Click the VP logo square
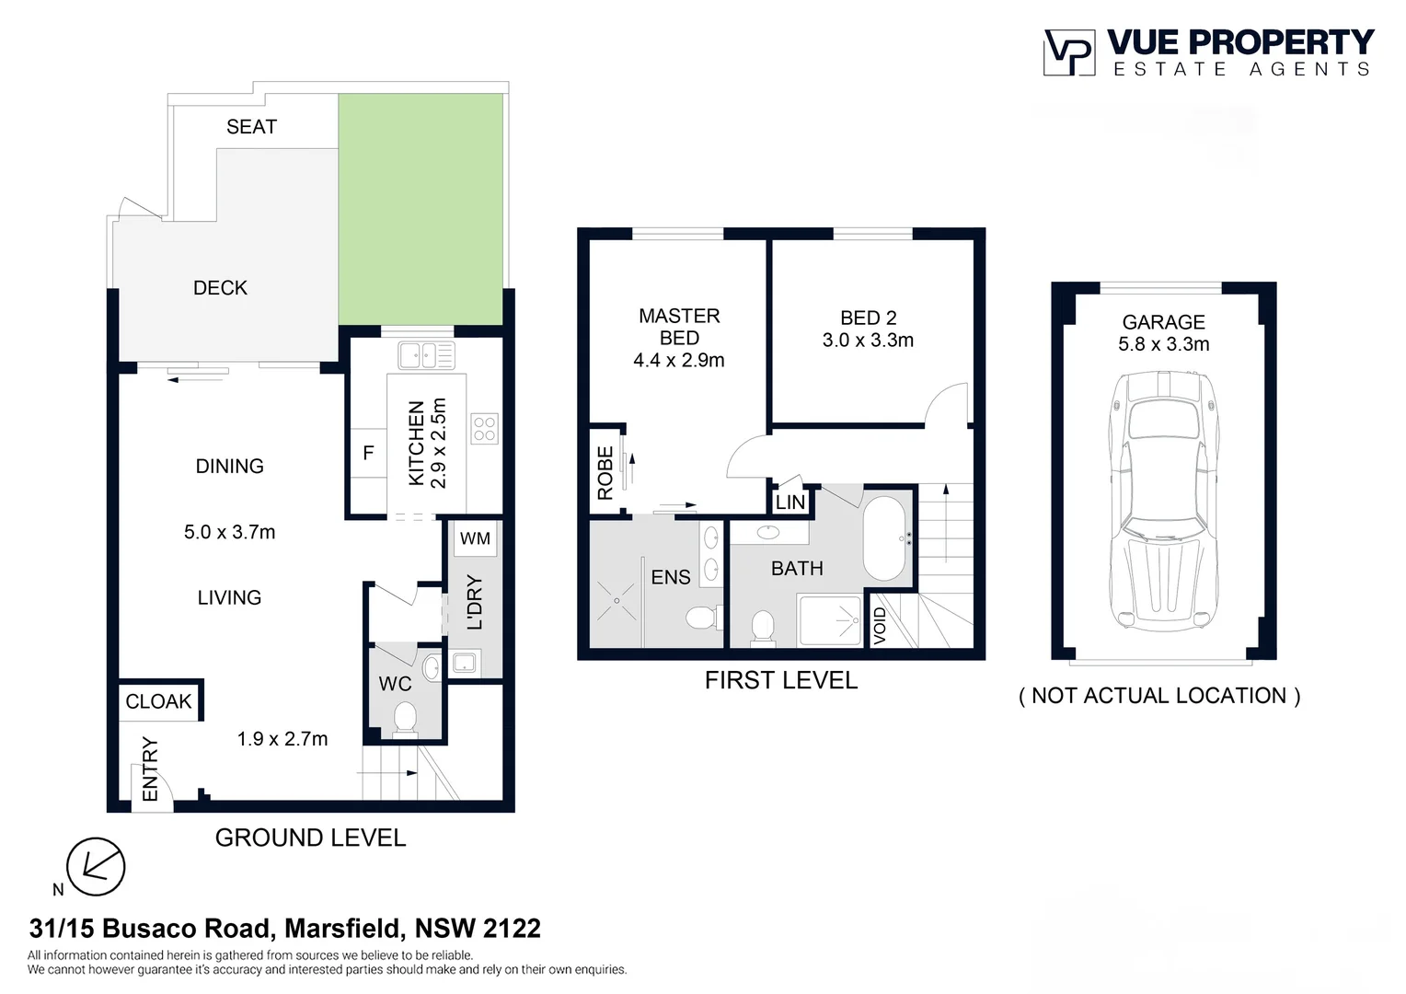tap(1069, 52)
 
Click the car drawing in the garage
tap(1164, 501)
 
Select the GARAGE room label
tap(1164, 322)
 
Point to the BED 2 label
tap(868, 318)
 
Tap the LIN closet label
tap(790, 502)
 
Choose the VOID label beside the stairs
tap(880, 626)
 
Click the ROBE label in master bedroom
tap(605, 473)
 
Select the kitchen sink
tap(426, 355)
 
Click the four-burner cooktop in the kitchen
tap(484, 429)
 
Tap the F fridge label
tap(368, 452)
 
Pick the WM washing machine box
tap(475, 538)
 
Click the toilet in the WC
tap(405, 718)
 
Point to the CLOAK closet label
tap(158, 701)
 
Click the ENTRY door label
tap(150, 769)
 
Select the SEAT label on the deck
tap(251, 127)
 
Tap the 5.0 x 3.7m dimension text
tap(230, 532)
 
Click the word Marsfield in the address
tap(342, 928)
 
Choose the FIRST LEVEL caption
tap(781, 681)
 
